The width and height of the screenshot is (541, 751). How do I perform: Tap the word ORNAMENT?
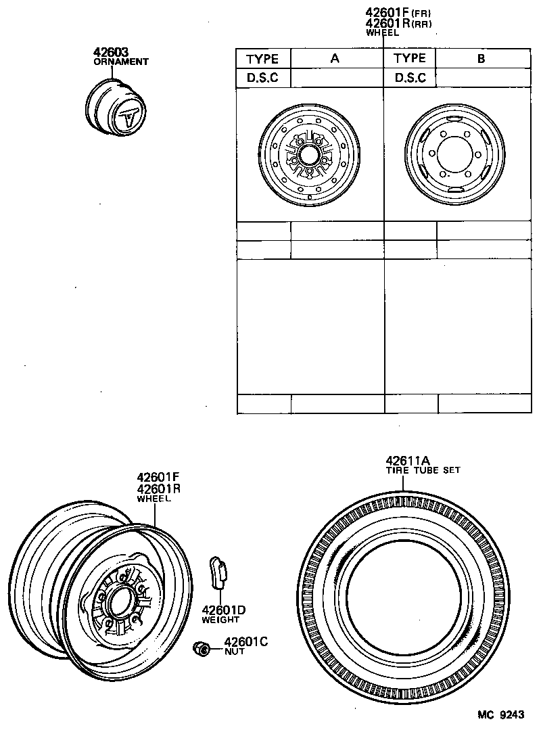tap(120, 62)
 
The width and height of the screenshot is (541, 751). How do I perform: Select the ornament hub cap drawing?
tap(115, 108)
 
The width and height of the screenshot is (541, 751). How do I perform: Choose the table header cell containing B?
tap(481, 58)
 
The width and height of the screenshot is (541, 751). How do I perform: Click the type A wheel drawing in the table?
tap(309, 156)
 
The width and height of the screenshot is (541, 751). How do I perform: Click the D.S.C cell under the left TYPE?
tap(262, 78)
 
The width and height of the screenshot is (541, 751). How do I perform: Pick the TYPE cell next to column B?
tap(410, 58)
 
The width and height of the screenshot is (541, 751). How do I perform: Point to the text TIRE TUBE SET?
tap(423, 470)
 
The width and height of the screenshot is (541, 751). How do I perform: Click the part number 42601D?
tap(223, 610)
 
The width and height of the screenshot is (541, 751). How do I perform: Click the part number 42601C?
tap(246, 641)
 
